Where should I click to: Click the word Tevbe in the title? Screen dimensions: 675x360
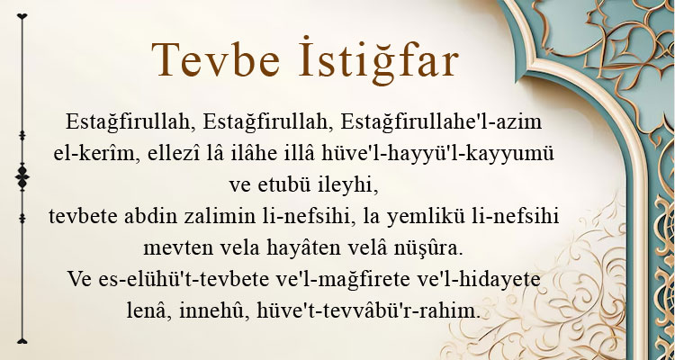(216, 60)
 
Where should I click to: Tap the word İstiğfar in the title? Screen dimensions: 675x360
(378, 60)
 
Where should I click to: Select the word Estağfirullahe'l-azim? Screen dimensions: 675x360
(441, 122)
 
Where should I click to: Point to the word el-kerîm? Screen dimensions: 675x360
(94, 154)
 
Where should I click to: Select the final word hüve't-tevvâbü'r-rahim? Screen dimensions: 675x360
(368, 310)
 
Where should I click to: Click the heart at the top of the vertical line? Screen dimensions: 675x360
(22, 16)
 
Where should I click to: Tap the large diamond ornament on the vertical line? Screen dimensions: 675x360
(22, 177)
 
